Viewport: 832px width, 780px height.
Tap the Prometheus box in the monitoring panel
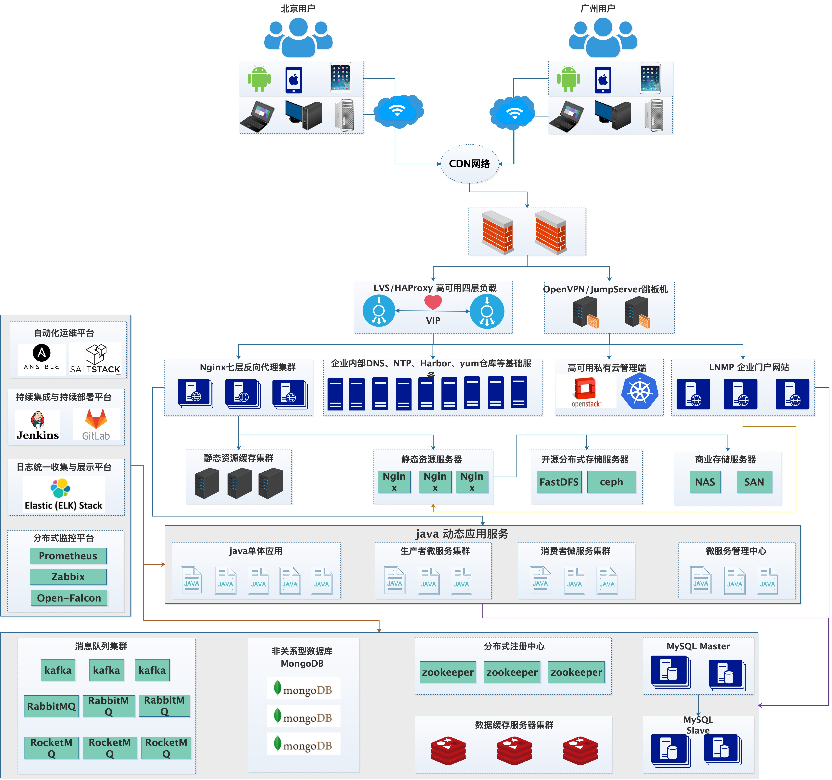point(68,556)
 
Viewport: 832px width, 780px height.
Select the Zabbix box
point(68,577)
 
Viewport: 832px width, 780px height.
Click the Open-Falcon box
point(69,598)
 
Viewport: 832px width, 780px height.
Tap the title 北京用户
point(298,8)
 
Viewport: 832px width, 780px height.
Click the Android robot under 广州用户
point(568,79)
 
